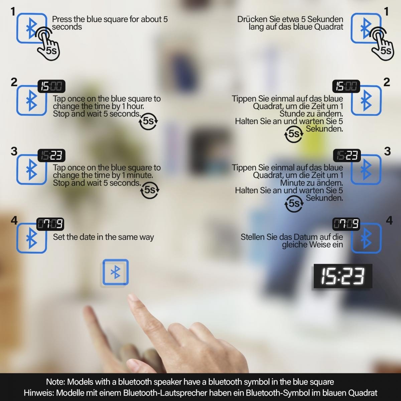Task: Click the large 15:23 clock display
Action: tap(343, 276)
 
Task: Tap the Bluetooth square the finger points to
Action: tap(116, 272)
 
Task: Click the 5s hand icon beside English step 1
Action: tap(48, 44)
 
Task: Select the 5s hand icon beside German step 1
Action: tap(382, 44)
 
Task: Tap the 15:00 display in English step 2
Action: tap(51, 86)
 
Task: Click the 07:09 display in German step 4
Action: tap(346, 224)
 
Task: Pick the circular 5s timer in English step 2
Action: tap(148, 121)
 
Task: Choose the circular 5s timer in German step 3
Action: tap(294, 203)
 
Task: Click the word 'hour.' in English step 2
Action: tap(135, 106)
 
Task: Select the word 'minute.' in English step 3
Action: tap(140, 175)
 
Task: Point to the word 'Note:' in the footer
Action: tap(55, 382)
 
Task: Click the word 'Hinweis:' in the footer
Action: tap(39, 393)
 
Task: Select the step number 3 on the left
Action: tap(14, 151)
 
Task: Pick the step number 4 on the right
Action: tap(389, 220)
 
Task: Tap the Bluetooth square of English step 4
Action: tap(32, 238)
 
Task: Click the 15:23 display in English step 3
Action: tap(51, 155)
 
